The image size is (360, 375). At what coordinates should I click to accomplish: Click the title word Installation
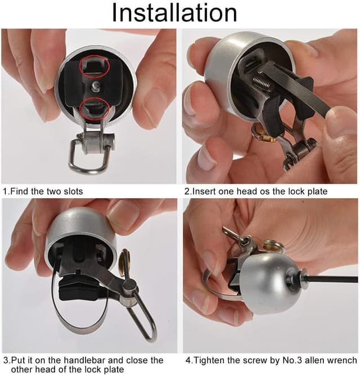[x=174, y=12]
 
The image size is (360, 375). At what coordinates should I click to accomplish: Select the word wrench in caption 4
[x=342, y=360]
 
